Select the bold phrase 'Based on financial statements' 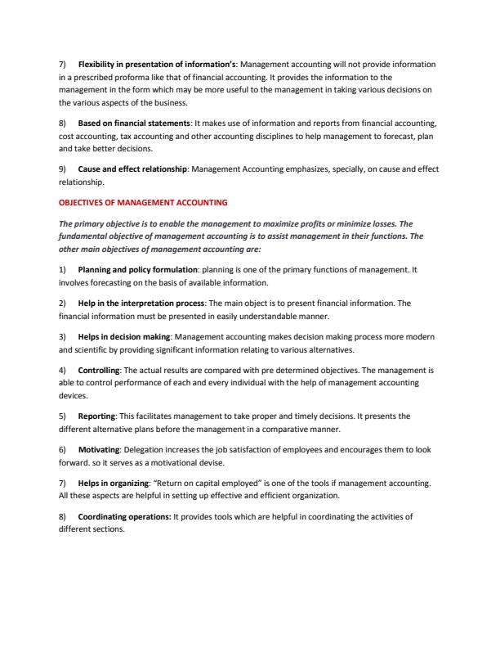(133, 123)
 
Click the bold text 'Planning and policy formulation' (136, 268)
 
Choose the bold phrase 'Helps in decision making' (124, 336)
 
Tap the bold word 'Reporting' (96, 416)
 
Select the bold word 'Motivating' (98, 450)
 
